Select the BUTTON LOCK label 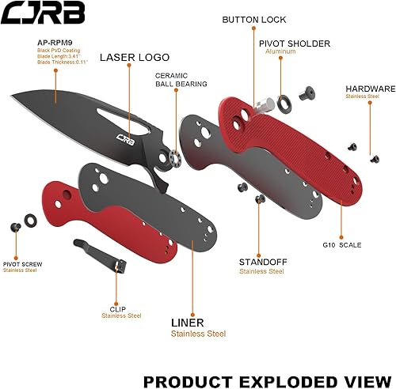click(x=255, y=19)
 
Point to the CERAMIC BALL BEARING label click(x=181, y=78)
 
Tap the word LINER click(x=188, y=323)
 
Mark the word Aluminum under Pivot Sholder click(x=281, y=51)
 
